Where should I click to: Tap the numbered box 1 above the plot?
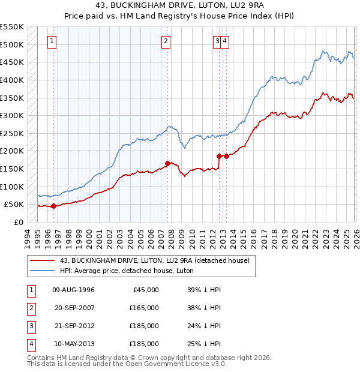[x=53, y=41]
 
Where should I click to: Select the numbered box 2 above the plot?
[x=166, y=41]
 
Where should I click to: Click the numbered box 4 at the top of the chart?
[x=224, y=41]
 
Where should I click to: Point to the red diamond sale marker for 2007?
[x=167, y=163]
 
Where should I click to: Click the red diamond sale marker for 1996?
[x=53, y=206]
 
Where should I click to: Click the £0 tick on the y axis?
[x=18, y=222]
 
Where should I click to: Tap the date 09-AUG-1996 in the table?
[x=73, y=290]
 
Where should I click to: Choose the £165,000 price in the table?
[x=144, y=308]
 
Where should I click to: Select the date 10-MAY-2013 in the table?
[x=73, y=344]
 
